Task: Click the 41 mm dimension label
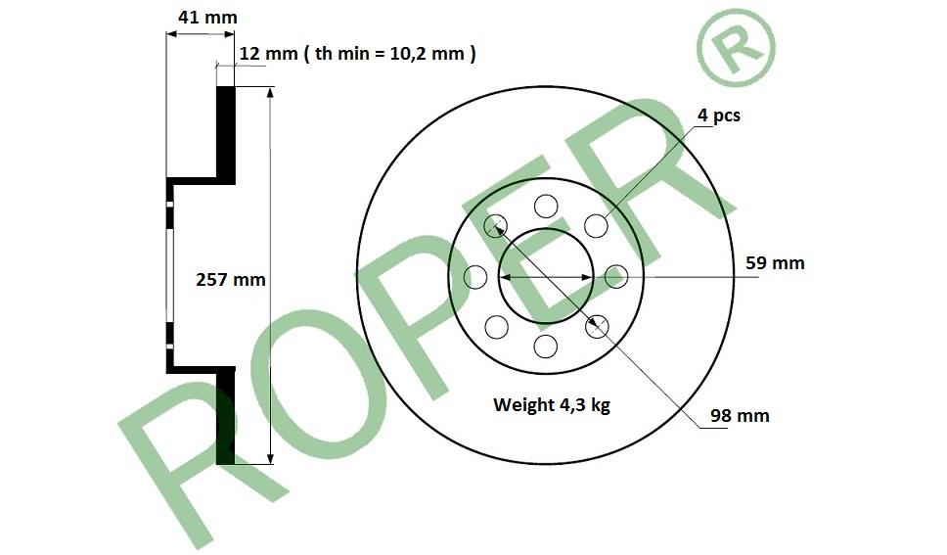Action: (x=207, y=18)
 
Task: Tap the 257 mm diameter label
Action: (x=231, y=280)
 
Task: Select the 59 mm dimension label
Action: (x=775, y=263)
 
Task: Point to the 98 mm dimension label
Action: (x=740, y=416)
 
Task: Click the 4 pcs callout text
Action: (x=719, y=115)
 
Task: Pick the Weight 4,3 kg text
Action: (x=552, y=404)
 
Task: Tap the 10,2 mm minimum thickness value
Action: (x=427, y=54)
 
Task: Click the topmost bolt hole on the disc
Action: (x=546, y=207)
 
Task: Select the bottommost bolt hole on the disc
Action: (x=546, y=347)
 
